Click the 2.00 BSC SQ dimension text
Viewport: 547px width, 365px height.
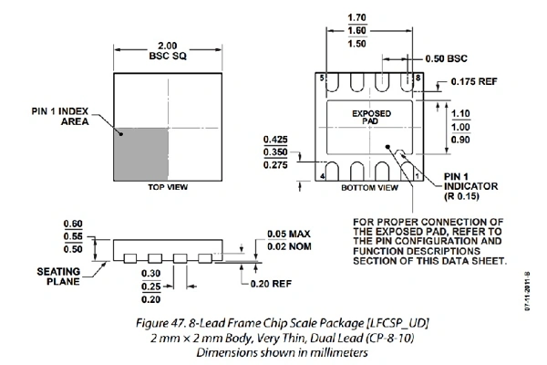(168, 49)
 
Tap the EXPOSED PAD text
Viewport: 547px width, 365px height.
(371, 120)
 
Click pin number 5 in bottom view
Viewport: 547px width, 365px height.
(322, 79)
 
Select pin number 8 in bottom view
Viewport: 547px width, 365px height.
(418, 79)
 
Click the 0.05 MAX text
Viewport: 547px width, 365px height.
(289, 232)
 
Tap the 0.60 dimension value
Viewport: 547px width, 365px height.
(75, 224)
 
